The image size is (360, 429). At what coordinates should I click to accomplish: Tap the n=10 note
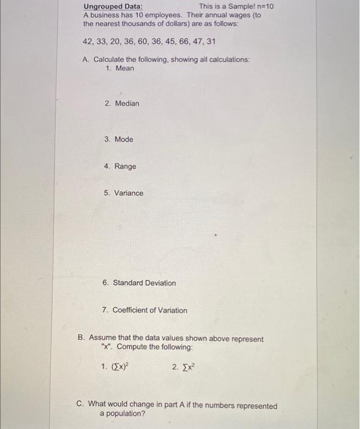[x=264, y=6]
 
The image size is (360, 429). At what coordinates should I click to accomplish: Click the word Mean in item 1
[x=124, y=68]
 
